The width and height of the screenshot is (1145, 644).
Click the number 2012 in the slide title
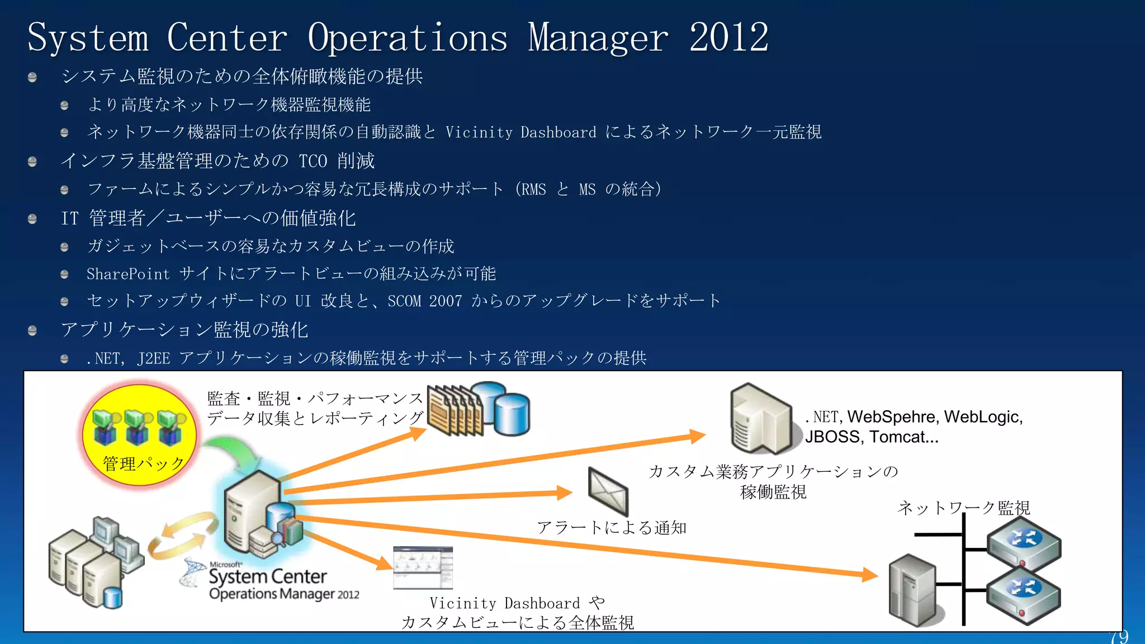pyautogui.click(x=728, y=38)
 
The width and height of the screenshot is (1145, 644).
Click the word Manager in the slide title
pyautogui.click(x=598, y=38)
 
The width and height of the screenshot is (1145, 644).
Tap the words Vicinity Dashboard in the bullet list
pyautogui.click(x=521, y=132)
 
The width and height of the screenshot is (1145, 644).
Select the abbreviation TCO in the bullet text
pyautogui.click(x=313, y=162)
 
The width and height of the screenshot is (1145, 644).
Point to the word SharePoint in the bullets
pyautogui.click(x=128, y=274)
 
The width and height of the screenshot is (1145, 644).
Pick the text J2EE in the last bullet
pyautogui.click(x=153, y=358)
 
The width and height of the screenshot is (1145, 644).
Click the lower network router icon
pyautogui.click(x=1024, y=594)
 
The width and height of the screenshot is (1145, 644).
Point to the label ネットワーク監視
pyautogui.click(x=963, y=508)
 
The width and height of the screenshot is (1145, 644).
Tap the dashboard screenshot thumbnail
pyautogui.click(x=423, y=567)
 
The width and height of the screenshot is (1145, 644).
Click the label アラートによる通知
pyautogui.click(x=611, y=528)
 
